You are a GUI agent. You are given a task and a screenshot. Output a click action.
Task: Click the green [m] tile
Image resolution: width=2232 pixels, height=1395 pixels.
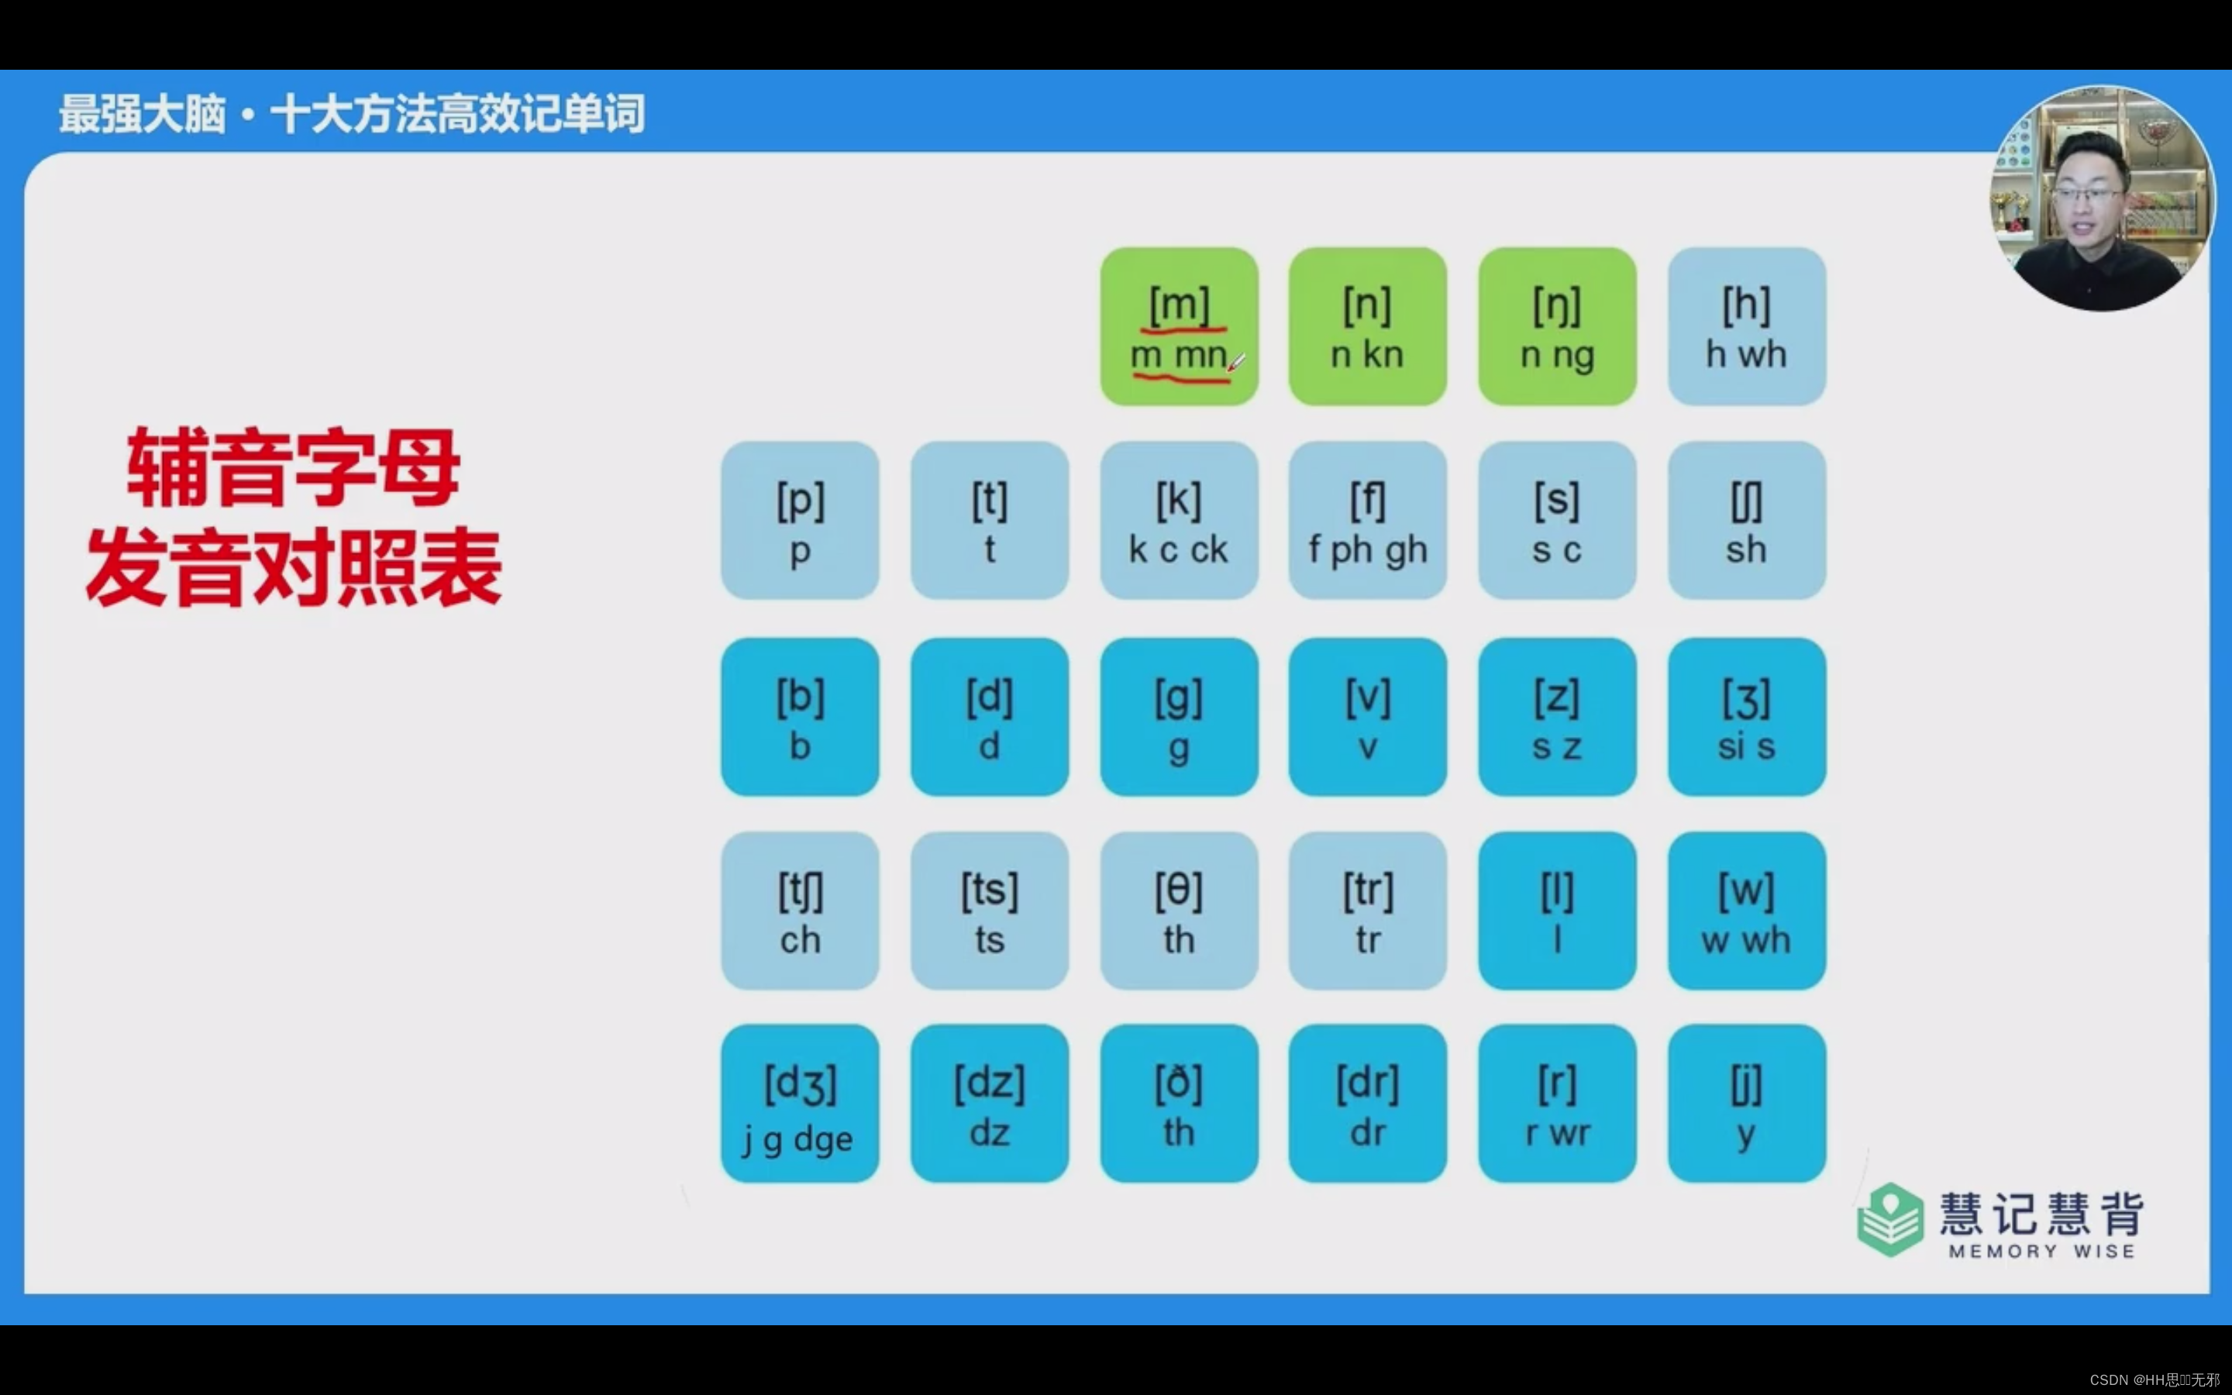pyautogui.click(x=1179, y=325)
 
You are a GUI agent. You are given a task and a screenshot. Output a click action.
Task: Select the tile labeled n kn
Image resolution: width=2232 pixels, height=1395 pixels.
pyautogui.click(x=1367, y=325)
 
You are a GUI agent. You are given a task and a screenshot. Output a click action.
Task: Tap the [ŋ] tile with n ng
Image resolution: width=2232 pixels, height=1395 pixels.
pyautogui.click(x=1557, y=325)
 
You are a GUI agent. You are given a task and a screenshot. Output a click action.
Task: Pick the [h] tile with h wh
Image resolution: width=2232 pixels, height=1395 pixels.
pyautogui.click(x=1746, y=325)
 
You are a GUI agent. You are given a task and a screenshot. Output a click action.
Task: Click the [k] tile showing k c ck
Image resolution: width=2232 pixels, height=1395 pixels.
pyautogui.click(x=1179, y=520)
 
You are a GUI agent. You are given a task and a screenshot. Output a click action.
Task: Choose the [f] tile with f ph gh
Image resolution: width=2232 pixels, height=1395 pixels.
pyautogui.click(x=1367, y=520)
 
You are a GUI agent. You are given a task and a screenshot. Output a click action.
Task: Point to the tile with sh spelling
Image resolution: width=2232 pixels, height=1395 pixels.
pyautogui.click(x=1746, y=520)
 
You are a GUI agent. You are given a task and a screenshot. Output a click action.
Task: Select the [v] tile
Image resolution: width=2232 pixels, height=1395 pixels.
pyautogui.click(x=1367, y=717)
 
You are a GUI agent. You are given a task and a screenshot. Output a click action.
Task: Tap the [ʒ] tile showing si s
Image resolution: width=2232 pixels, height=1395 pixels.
pyautogui.click(x=1746, y=717)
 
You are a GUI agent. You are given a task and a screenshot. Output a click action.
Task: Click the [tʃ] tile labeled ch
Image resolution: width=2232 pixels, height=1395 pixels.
pyautogui.click(x=800, y=911)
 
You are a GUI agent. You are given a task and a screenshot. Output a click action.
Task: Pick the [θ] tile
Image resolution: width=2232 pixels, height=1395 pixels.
pyautogui.click(x=1179, y=911)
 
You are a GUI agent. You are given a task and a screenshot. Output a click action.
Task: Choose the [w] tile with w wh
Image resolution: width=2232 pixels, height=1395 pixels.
pyautogui.click(x=1746, y=911)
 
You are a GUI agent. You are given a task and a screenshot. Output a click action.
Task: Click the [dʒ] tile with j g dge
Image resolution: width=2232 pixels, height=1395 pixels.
pyautogui.click(x=800, y=1104)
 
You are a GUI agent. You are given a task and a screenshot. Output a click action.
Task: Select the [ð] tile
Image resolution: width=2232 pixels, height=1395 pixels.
pyautogui.click(x=1179, y=1104)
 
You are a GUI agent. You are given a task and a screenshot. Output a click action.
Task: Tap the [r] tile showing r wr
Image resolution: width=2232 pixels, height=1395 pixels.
pyautogui.click(x=1557, y=1104)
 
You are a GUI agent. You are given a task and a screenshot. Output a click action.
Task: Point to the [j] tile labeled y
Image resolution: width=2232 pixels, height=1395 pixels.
pyautogui.click(x=1746, y=1104)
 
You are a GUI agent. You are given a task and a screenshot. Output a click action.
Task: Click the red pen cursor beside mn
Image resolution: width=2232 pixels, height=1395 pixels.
pyautogui.click(x=1236, y=363)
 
